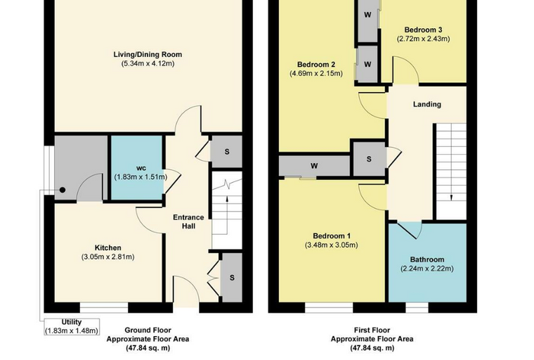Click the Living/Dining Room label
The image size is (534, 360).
(148, 55)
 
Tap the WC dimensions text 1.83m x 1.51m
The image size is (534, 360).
(141, 177)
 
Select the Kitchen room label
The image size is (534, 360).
(108, 247)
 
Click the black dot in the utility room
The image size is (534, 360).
(63, 191)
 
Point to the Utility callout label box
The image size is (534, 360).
(72, 326)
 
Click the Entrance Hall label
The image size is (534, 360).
(188, 221)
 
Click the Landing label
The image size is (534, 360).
(427, 104)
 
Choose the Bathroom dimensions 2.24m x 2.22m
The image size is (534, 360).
(426, 269)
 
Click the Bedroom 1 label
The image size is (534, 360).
(332, 236)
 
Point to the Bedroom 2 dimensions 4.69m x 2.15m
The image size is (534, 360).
(316, 74)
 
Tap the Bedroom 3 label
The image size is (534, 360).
(423, 30)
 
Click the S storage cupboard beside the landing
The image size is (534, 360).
(369, 159)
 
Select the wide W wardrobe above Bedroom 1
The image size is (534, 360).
(314, 166)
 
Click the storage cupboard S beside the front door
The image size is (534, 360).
(232, 278)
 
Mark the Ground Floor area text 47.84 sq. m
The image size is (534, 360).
(148, 348)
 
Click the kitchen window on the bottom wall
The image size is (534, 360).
(104, 307)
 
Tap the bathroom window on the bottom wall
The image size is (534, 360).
(417, 307)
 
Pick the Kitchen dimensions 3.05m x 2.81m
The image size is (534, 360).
(108, 257)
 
